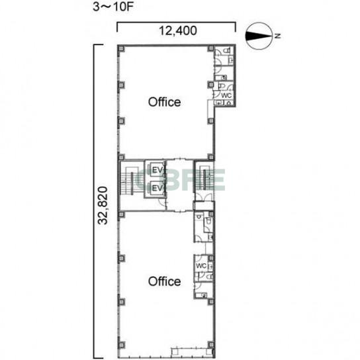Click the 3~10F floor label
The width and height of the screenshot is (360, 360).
(x=113, y=7)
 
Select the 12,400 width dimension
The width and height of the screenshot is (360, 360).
(x=178, y=30)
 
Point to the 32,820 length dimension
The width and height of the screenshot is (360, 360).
(x=103, y=206)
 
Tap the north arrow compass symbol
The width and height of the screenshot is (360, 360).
(x=259, y=36)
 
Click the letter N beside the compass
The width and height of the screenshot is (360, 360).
(x=278, y=36)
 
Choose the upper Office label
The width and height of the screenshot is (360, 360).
(x=164, y=102)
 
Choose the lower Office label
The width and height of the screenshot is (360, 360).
(x=164, y=281)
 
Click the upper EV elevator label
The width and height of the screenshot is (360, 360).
(x=157, y=170)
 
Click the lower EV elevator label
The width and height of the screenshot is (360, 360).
(x=157, y=188)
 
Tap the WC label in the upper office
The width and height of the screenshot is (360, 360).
(x=226, y=95)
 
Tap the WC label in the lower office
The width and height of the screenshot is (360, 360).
(x=201, y=266)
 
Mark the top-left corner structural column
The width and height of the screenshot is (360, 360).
(x=121, y=49)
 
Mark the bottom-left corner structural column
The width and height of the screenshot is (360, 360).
(x=121, y=345)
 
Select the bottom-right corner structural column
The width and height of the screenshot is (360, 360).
(x=211, y=345)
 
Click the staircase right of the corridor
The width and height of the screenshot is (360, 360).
(x=204, y=178)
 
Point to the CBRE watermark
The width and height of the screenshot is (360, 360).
(x=180, y=180)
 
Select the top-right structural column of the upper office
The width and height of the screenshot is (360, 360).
(x=211, y=49)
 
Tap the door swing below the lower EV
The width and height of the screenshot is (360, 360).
(x=162, y=202)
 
